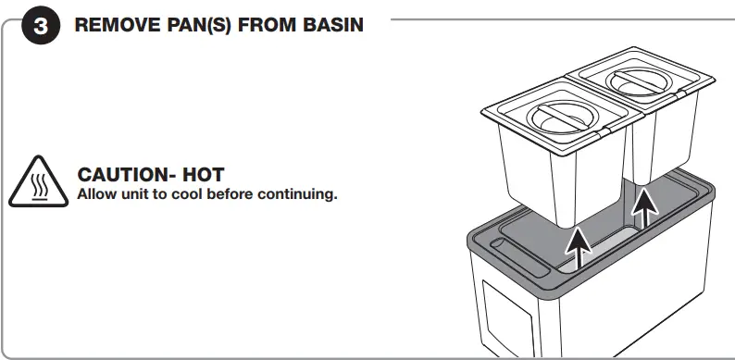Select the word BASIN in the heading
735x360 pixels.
coord(331,25)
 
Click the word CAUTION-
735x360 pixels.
coord(126,175)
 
